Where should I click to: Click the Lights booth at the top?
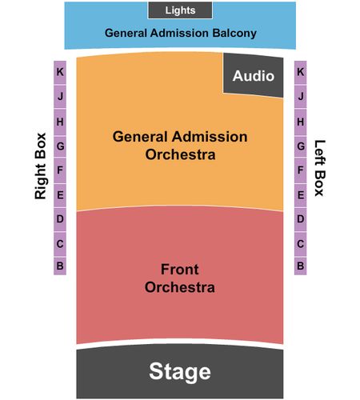(x=180, y=10)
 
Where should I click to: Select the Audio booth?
(x=254, y=75)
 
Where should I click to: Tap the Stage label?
(x=180, y=371)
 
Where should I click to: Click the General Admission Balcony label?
(x=181, y=33)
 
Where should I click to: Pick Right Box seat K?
(x=60, y=73)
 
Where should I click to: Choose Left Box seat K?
(x=301, y=73)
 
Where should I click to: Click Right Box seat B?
(x=60, y=266)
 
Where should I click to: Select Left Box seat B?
(x=301, y=266)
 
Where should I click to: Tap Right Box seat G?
(x=60, y=146)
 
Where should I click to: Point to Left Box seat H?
(x=301, y=122)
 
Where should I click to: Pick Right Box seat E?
(x=60, y=195)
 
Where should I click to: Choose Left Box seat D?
(x=301, y=219)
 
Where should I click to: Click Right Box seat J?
(x=60, y=96)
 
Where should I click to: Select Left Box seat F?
(x=301, y=170)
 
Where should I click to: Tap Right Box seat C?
(x=60, y=244)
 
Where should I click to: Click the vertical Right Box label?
(x=41, y=166)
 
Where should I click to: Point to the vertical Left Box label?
(x=320, y=168)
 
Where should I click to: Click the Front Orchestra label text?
(x=180, y=278)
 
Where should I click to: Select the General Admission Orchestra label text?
(x=180, y=146)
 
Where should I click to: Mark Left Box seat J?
(x=301, y=96)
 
